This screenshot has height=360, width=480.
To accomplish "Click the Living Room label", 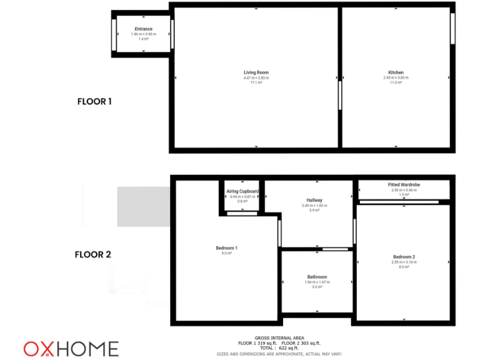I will coord(256,72).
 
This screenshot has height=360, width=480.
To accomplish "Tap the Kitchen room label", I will coord(396,72).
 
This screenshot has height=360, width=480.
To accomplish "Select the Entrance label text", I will coord(143,29).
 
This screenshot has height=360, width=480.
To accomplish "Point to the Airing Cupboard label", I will coord(242,191).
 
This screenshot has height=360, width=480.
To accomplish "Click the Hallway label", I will coord(314,200).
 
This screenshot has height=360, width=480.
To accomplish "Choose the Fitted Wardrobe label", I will coord(404,185).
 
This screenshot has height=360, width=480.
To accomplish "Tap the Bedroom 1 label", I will coord(226,248).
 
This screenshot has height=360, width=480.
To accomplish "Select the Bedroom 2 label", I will coord(404,257).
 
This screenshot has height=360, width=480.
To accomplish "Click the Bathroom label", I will coord(317,277).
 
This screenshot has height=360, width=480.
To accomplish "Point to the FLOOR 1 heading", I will coord(94,101).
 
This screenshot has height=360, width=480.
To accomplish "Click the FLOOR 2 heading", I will coord(93,254).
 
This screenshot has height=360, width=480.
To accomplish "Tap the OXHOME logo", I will coord(71,348).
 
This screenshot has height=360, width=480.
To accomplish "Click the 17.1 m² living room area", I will coord(256,82).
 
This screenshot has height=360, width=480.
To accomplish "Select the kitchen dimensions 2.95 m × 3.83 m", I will coord(396,77).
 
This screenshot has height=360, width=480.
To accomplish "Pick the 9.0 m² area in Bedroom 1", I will coord(226,253).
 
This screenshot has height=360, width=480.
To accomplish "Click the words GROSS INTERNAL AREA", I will coord(279,338).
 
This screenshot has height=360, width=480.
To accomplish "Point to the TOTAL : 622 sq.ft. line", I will coord(279,348).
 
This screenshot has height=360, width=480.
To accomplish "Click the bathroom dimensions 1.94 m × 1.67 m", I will coord(317,282).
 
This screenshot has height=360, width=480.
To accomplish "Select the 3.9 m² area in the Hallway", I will coord(314,210).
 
